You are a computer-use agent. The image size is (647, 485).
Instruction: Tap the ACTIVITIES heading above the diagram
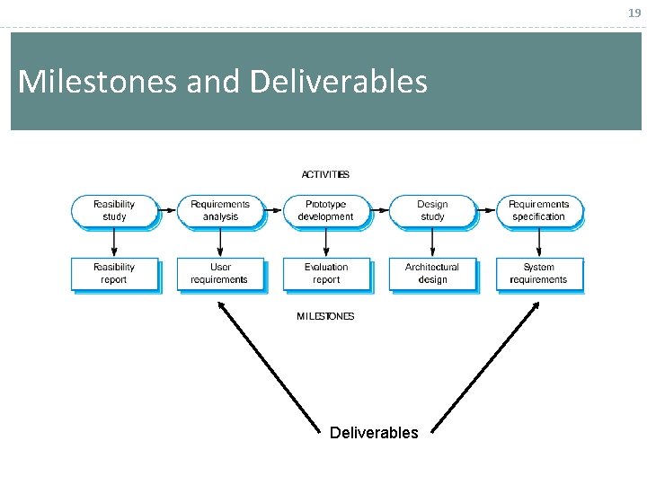325,174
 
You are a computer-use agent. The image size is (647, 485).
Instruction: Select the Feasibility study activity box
114,211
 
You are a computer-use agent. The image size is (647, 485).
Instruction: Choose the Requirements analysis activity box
220,211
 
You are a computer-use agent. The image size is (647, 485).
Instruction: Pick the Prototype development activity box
325,211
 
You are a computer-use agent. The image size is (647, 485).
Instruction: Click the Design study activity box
432,211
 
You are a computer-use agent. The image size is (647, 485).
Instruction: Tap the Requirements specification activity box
538,211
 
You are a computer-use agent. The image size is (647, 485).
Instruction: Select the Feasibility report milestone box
114,274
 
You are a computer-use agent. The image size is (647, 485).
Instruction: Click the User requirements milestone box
220,274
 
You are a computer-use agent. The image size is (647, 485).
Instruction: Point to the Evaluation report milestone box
326,274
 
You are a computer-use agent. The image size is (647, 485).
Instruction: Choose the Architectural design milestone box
432,274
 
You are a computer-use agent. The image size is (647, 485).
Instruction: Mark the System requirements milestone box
538,274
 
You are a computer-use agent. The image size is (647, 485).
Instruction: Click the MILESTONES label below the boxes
325,316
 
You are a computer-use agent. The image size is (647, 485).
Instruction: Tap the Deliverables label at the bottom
374,433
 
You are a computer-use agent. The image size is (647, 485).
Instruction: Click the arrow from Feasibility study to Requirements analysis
167,211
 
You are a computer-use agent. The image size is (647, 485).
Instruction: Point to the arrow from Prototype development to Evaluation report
326,242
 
